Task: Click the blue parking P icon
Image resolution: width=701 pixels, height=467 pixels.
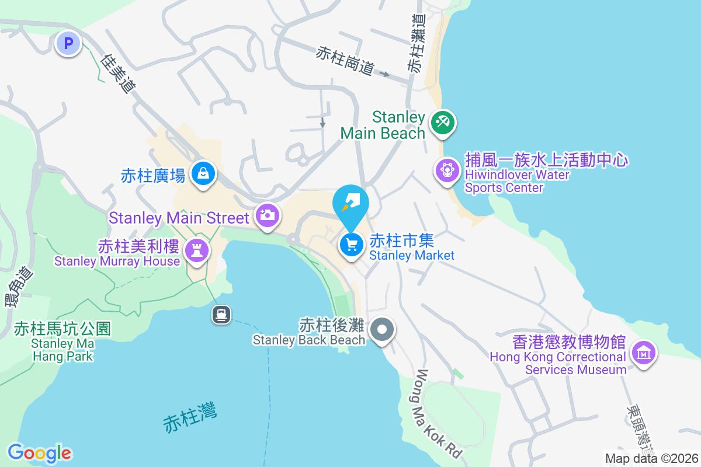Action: pyautogui.click(x=68, y=43)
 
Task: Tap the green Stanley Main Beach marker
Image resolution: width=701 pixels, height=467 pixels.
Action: pyautogui.click(x=442, y=123)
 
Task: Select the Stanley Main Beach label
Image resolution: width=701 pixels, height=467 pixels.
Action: pyautogui.click(x=383, y=125)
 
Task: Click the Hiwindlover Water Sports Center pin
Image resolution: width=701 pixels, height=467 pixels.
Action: pyautogui.click(x=447, y=170)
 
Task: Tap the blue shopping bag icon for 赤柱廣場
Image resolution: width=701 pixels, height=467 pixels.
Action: pyautogui.click(x=203, y=173)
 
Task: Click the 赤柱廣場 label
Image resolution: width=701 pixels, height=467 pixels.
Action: pyautogui.click(x=153, y=175)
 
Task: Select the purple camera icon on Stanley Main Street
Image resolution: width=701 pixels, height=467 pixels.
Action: pyautogui.click(x=267, y=215)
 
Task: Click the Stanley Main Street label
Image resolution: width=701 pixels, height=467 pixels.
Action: pyautogui.click(x=179, y=218)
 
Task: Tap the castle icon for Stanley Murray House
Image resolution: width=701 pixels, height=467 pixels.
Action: pyautogui.click(x=196, y=251)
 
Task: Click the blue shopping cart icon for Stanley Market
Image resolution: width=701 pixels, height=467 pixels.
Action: pyautogui.click(x=351, y=245)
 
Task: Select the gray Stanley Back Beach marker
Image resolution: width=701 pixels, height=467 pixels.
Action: pyautogui.click(x=382, y=330)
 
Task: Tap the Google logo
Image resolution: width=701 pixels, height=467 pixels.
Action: pyautogui.click(x=40, y=452)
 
